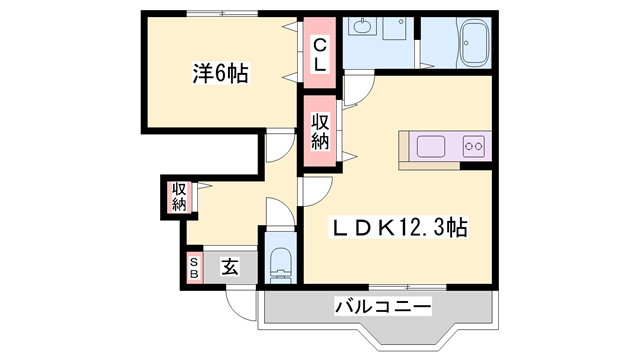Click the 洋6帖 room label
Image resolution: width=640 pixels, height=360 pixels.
coord(220,73)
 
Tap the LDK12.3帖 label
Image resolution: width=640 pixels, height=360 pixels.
coord(398,228)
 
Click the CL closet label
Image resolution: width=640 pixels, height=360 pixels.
coord(319,55)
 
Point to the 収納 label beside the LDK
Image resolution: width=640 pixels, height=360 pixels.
coord(319,132)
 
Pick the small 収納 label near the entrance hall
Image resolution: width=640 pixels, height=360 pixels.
coord(178,196)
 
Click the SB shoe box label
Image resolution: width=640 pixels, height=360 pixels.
coord(194,267)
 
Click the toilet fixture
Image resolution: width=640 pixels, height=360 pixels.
coord(279,263)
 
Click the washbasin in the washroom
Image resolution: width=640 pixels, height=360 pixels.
coord(360,31)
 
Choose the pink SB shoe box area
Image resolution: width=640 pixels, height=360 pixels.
coord(194,267)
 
